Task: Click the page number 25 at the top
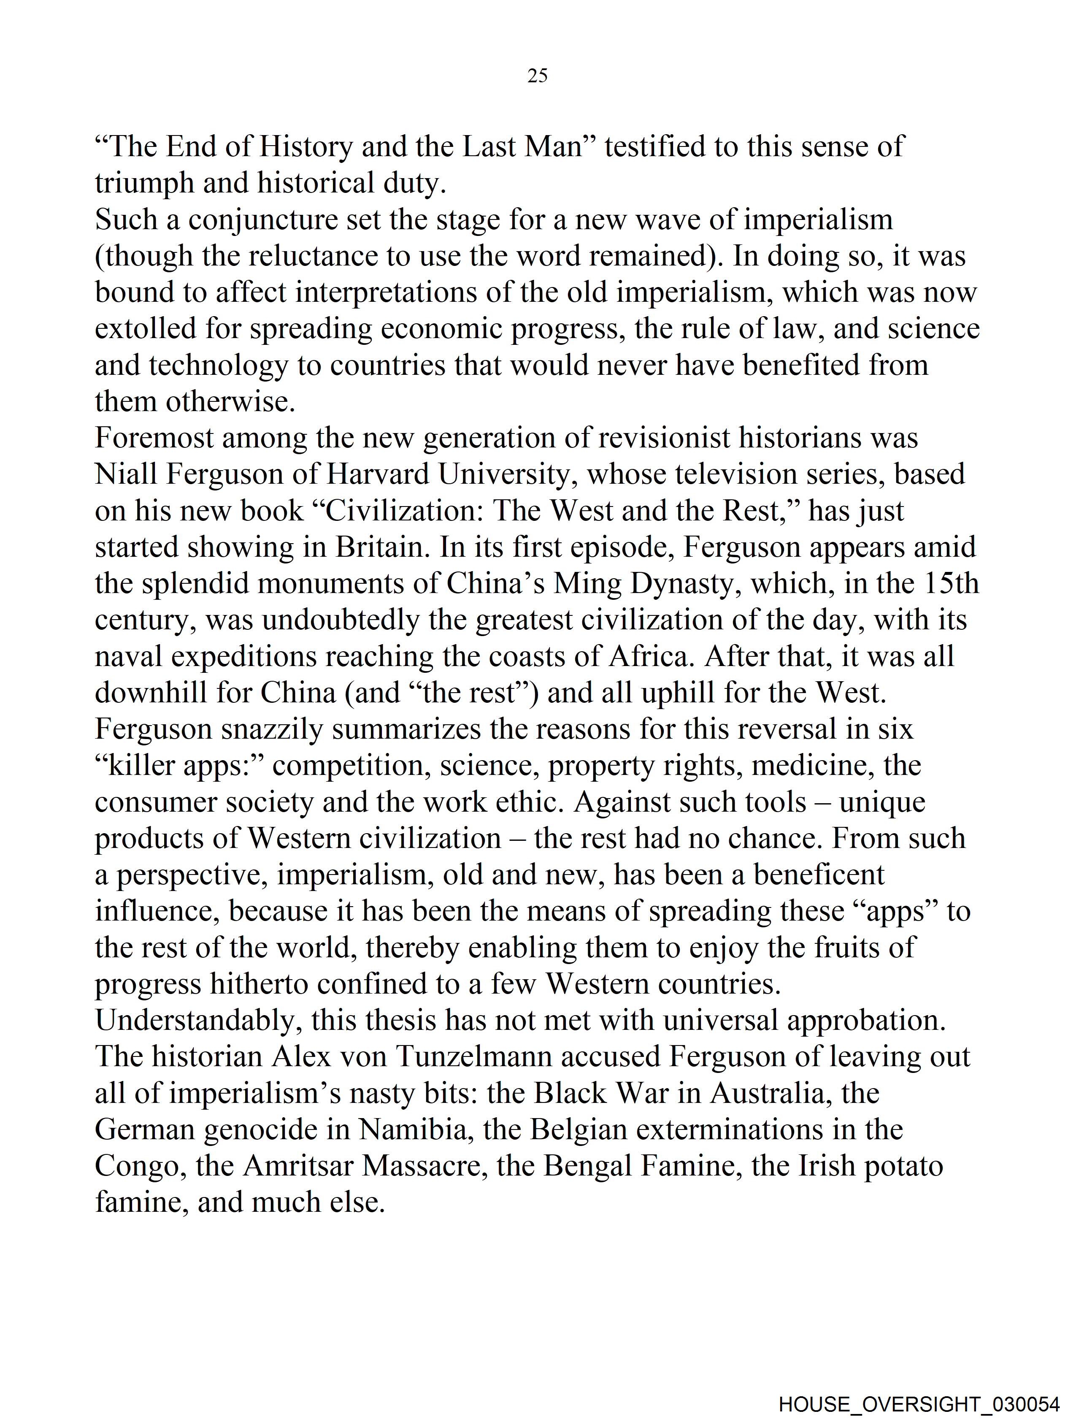pos(537,76)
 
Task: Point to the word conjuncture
pos(263,220)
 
